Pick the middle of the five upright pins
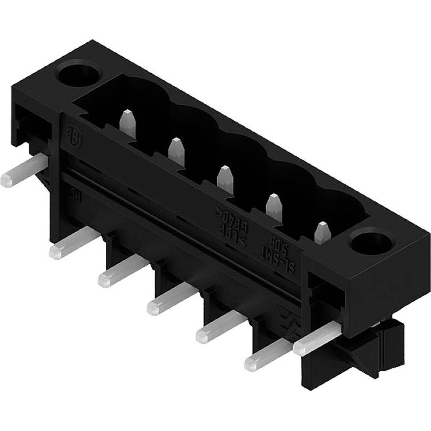tap(225, 179)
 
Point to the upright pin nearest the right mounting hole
tap(322, 232)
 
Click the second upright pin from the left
tap(176, 151)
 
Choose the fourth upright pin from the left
tap(274, 207)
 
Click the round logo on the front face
tap(71, 135)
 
